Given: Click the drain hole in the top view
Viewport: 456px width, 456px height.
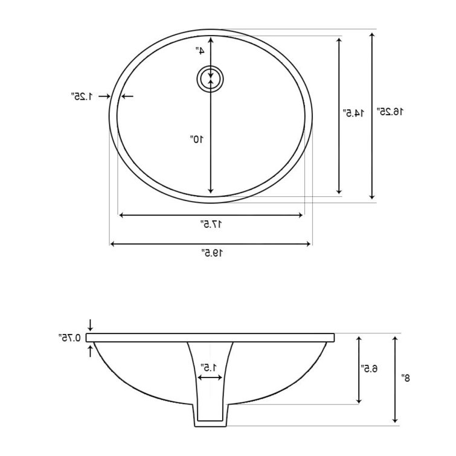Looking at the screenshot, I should pyautogui.click(x=211, y=79).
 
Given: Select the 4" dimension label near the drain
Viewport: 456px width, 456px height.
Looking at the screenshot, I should pyautogui.click(x=199, y=51).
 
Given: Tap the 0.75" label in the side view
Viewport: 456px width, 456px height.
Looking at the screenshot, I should pyautogui.click(x=70, y=337).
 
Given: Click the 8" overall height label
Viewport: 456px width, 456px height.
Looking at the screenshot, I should pyautogui.click(x=406, y=377).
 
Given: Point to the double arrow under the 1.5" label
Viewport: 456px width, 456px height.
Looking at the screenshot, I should pyautogui.click(x=210, y=377).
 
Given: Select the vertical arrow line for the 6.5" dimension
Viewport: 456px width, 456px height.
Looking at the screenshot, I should pyautogui.click(x=359, y=369).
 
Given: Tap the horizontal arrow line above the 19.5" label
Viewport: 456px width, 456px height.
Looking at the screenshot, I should pyautogui.click(x=211, y=244).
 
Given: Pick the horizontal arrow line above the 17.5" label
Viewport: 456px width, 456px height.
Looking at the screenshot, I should pyautogui.click(x=211, y=215).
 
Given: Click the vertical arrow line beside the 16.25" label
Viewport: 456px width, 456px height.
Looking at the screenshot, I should pyautogui.click(x=373, y=115).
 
